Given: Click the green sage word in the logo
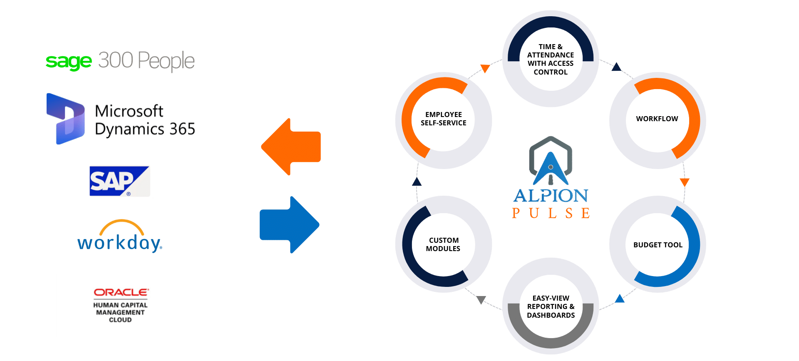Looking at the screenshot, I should [68, 62].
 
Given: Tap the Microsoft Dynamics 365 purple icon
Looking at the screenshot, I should [66, 119].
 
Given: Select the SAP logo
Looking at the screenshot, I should [119, 181].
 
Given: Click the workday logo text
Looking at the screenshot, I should [120, 242].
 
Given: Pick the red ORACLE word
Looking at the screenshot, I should [121, 292].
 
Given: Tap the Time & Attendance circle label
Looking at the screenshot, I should [550, 59].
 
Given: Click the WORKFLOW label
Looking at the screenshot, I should [657, 119].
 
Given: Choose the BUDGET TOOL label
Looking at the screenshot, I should [658, 245].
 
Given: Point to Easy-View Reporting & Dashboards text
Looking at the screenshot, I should [551, 307].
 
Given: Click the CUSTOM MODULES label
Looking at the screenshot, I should [443, 244].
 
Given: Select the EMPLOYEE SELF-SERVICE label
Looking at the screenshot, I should [443, 119].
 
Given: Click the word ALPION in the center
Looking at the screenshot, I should [551, 196].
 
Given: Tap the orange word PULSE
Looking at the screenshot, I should [551, 213].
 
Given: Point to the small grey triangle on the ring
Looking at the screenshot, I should [481, 300].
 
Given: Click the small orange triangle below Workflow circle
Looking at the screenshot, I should [685, 182].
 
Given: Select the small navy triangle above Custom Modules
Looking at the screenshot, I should [417, 182].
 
